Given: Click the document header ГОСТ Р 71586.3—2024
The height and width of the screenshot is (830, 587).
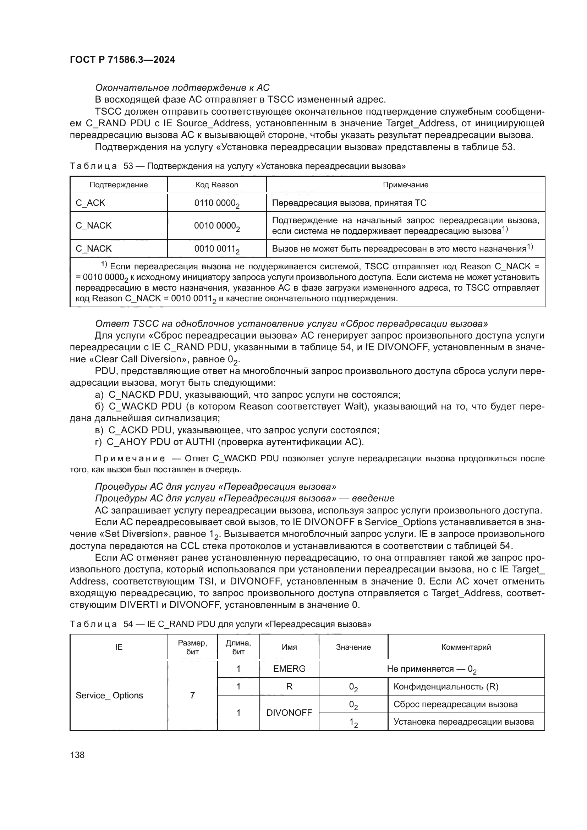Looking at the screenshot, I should tap(122, 60).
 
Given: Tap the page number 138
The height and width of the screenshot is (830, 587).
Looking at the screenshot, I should tap(77, 755).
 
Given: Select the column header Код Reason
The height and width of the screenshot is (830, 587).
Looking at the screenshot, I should tap(217, 185).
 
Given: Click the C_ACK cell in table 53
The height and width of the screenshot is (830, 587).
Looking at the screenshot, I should tap(90, 203).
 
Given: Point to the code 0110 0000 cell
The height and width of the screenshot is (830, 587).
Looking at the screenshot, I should tap(216, 203).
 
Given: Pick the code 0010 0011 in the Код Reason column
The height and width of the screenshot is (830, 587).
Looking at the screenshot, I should tap(216, 249).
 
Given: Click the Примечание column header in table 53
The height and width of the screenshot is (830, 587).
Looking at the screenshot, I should tap(406, 185).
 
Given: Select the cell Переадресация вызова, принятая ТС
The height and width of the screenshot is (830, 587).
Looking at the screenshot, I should tap(349, 203).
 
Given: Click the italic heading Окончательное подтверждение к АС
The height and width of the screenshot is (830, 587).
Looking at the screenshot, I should tap(182, 88).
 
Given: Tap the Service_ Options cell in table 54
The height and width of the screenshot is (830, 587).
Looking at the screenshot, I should tap(109, 695).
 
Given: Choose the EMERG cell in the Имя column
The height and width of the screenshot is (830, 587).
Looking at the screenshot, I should tap(289, 669).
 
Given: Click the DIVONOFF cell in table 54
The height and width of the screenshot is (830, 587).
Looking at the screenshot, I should tap(289, 713).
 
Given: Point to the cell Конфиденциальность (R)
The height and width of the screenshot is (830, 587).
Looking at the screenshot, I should tap(446, 687).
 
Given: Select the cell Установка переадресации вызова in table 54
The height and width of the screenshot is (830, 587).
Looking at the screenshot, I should tap(463, 721).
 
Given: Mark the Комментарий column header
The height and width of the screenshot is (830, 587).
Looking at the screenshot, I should tap(466, 647).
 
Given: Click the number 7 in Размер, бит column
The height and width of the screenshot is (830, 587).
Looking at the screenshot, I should tap(192, 695).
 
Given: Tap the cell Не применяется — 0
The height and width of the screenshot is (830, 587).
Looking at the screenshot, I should tap(431, 669).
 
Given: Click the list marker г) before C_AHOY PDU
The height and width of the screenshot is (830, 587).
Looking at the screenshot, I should tap(98, 442).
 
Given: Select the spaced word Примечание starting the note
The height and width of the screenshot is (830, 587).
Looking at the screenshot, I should tap(130, 458).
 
